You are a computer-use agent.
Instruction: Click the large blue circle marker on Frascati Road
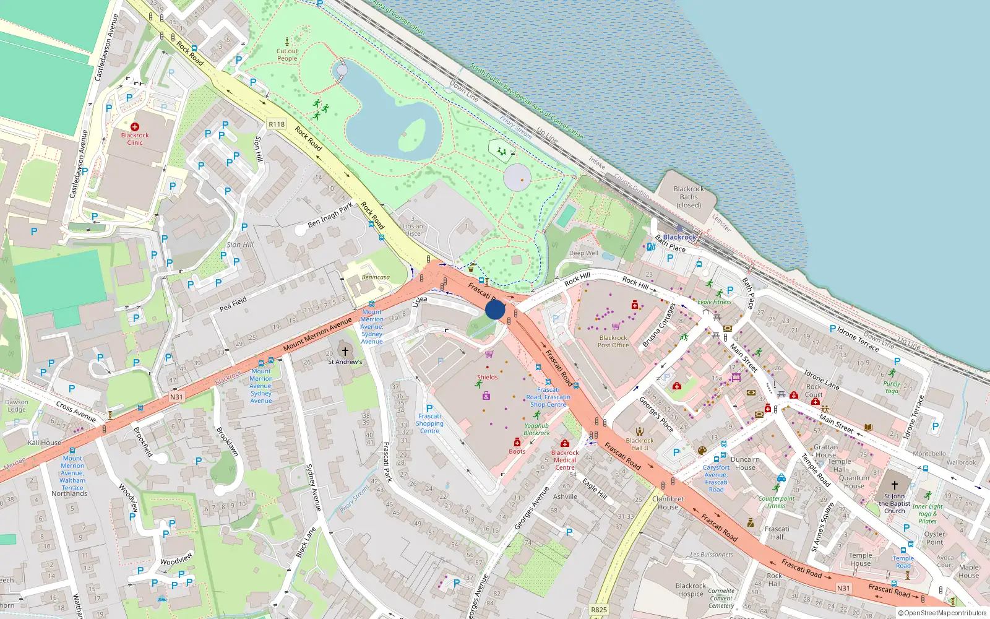(495, 309)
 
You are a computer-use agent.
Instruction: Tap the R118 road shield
(277, 124)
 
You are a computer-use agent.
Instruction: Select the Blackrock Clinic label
(135, 139)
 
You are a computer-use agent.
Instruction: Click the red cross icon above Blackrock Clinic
(135, 126)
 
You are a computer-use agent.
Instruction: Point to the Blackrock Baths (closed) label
(689, 197)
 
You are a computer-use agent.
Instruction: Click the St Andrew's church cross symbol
(345, 352)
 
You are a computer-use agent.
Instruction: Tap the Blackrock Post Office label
(613, 342)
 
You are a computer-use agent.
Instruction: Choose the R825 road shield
(599, 610)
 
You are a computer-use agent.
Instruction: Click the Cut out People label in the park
(287, 55)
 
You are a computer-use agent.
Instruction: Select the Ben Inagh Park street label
(330, 215)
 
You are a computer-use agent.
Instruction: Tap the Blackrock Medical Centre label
(565, 460)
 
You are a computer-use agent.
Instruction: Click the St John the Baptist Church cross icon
(894, 485)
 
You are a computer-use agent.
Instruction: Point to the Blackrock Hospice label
(691, 589)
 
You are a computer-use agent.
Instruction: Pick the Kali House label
(45, 443)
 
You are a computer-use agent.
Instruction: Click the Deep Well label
(583, 253)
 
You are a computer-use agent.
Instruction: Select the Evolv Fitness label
(715, 302)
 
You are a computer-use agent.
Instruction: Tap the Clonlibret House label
(668, 503)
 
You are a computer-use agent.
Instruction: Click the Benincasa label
(376, 277)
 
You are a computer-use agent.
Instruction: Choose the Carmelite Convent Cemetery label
(721, 598)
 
